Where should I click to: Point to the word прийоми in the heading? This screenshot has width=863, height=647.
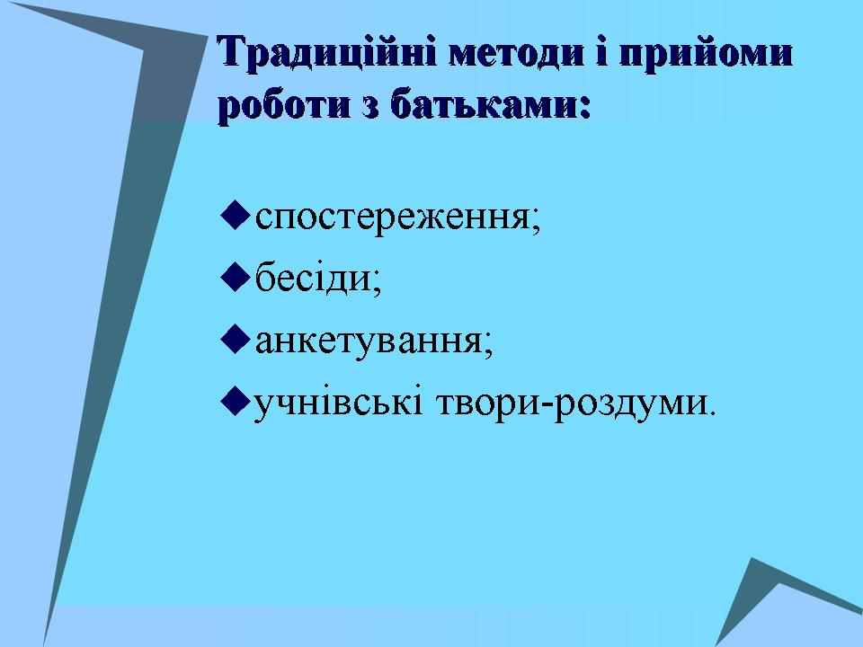coord(706,55)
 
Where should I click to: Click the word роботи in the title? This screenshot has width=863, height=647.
coord(285,104)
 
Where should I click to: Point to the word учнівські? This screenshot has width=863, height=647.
coord(338,403)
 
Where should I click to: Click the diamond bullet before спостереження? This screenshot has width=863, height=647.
coord(236,215)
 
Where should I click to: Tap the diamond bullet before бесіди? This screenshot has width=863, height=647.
coord(236,278)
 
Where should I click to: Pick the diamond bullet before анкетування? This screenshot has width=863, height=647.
coord(236,340)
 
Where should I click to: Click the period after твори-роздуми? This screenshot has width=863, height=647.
coord(714,412)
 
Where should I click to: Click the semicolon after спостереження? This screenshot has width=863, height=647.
coord(536,223)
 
